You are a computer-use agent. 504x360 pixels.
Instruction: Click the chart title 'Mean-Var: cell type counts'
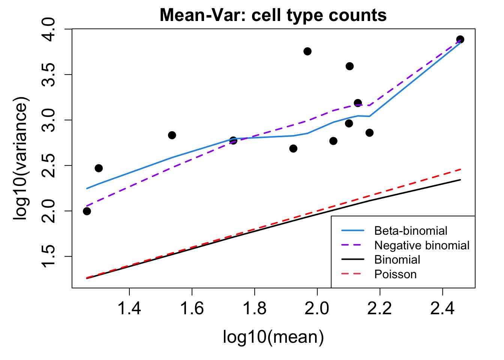click(x=273, y=16)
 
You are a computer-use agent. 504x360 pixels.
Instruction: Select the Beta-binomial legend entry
click(x=411, y=231)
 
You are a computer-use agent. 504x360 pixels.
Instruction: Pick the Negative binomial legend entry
click(x=421, y=245)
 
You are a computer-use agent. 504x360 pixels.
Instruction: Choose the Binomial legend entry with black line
click(x=397, y=259)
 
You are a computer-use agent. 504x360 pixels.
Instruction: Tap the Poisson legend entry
click(x=395, y=274)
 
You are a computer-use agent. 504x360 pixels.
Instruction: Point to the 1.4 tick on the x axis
click(x=129, y=308)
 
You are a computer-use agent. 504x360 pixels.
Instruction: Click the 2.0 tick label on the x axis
click(x=317, y=308)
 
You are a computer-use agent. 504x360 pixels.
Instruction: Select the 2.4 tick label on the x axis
click(x=442, y=308)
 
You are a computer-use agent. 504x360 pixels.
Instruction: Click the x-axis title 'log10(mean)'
click(x=273, y=337)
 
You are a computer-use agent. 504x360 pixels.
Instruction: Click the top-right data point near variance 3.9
click(x=460, y=39)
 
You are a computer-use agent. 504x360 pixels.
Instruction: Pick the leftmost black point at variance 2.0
click(x=87, y=211)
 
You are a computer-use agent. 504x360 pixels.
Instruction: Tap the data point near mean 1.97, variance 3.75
click(x=307, y=51)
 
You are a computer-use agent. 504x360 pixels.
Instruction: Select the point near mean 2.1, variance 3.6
click(x=349, y=66)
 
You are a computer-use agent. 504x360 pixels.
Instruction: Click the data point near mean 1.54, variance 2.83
click(x=172, y=135)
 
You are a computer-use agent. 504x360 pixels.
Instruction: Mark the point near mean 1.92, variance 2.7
click(x=293, y=148)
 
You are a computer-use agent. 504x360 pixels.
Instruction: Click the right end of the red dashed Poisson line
click(x=460, y=169)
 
